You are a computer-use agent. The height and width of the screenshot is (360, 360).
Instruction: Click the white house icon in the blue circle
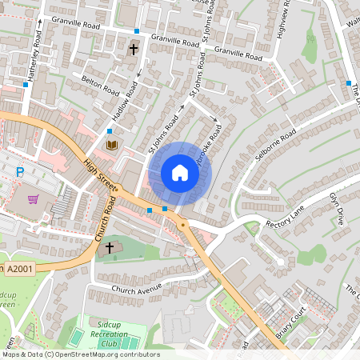(x=180, y=173)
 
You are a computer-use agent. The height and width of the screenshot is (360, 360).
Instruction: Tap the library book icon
(x=112, y=145)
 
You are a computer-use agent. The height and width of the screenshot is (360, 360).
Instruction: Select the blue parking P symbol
(x=21, y=171)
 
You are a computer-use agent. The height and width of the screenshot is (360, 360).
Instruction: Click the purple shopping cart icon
(x=33, y=199)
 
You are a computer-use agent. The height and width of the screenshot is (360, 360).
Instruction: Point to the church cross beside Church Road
(x=109, y=248)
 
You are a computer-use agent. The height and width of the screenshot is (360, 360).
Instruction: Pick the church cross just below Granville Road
(x=133, y=50)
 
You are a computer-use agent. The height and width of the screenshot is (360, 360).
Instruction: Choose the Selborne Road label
(x=277, y=144)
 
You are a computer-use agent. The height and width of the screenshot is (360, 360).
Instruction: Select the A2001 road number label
(x=22, y=268)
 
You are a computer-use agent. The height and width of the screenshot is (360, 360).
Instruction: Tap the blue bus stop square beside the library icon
(x=110, y=130)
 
